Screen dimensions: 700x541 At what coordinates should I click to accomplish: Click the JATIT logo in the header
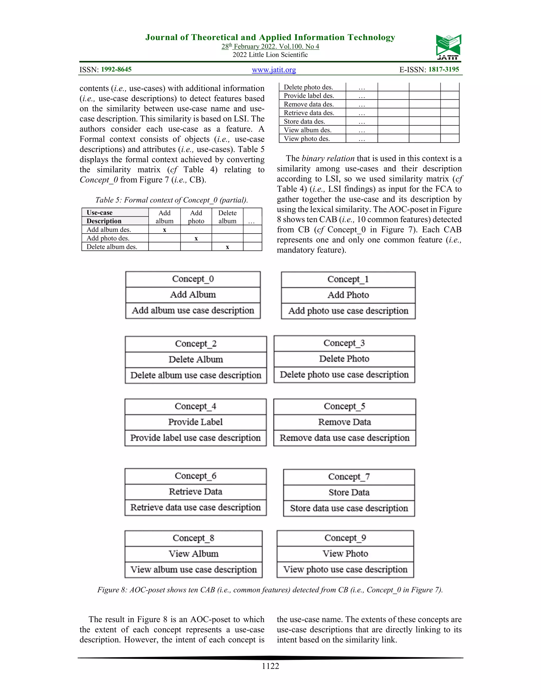pyautogui.click(x=448, y=47)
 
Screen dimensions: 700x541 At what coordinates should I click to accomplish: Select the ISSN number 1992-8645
pyautogui.click(x=116, y=69)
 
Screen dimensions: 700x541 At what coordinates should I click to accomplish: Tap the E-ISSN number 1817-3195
pyautogui.click(x=444, y=69)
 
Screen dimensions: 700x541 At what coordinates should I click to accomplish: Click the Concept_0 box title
pyautogui.click(x=193, y=279)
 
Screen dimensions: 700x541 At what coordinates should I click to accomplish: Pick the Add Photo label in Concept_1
pyautogui.click(x=348, y=295)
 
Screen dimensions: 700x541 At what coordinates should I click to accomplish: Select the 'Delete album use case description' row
pyautogui.click(x=196, y=375)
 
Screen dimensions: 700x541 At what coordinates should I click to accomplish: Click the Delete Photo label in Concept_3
pyautogui.click(x=344, y=359)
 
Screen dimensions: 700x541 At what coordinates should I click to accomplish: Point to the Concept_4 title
pyautogui.click(x=195, y=406)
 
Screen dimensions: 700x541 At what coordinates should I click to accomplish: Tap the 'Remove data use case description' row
pyautogui.click(x=344, y=437)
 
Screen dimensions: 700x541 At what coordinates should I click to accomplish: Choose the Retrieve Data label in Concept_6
pyautogui.click(x=195, y=491)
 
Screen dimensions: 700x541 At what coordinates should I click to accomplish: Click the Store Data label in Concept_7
pyautogui.click(x=349, y=492)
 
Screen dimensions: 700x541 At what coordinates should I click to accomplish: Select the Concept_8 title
pyautogui.click(x=193, y=538)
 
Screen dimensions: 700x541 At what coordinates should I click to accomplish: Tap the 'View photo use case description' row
pyautogui.click(x=345, y=569)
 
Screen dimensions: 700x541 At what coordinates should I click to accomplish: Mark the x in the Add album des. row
pyautogui.click(x=164, y=230)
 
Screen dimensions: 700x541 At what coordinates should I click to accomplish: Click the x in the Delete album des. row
pyautogui.click(x=227, y=247)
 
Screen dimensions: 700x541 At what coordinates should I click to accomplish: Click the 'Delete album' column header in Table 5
pyautogui.click(x=227, y=217)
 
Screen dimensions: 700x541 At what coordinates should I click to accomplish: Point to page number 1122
pyautogui.click(x=270, y=666)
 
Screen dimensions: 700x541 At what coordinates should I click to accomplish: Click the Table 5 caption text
pyautogui.click(x=171, y=200)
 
